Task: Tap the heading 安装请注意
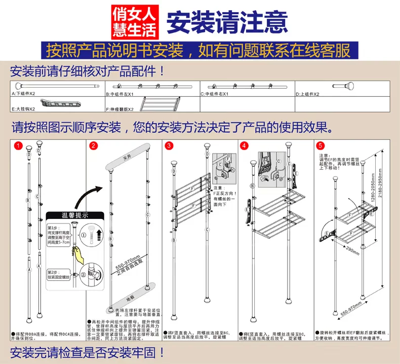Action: (x=227, y=21)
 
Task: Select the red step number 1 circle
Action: (x=18, y=146)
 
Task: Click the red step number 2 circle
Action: (x=93, y=146)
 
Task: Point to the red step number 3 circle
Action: (x=169, y=146)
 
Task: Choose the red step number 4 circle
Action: (x=245, y=146)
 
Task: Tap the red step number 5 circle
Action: (x=320, y=146)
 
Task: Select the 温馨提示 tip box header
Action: (x=74, y=215)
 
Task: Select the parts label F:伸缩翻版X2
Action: (x=119, y=109)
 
